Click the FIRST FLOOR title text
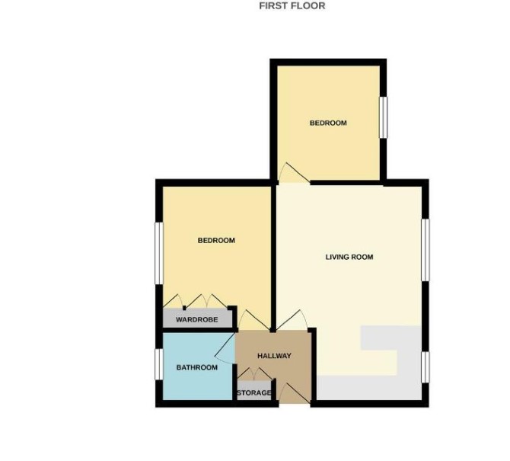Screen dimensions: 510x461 292,6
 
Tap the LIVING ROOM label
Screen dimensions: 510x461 349,257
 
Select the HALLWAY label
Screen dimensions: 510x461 274,356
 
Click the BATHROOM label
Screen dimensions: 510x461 197,367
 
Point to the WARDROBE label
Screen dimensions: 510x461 197,320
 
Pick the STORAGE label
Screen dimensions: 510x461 254,393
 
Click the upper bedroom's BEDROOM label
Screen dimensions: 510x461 328,123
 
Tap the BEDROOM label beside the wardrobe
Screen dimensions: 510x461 216,240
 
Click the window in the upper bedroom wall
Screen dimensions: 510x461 384,117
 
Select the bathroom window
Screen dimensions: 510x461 159,364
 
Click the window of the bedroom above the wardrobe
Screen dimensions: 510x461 159,253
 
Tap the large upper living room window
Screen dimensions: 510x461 426,250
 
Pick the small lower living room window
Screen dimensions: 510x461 426,367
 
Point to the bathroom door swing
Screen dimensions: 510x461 225,349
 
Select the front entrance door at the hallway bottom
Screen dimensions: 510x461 295,393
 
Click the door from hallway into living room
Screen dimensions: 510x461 292,321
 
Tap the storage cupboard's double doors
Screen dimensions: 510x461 254,373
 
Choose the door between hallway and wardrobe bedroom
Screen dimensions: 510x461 253,320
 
